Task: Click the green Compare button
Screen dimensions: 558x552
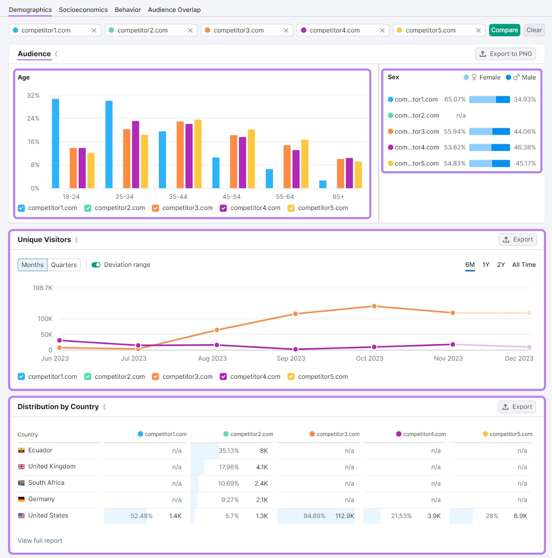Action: tap(504, 30)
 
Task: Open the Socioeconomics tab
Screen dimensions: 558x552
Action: tap(83, 10)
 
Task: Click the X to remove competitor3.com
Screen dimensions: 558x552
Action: tap(286, 30)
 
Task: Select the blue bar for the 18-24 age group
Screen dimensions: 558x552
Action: tap(55, 143)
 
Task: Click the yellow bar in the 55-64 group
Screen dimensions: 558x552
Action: tap(305, 164)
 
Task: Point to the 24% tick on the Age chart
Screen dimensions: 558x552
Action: tap(33, 119)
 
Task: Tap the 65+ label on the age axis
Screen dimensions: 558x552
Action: tap(338, 197)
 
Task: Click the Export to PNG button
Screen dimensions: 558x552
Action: tap(505, 54)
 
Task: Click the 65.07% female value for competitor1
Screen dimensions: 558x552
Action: tap(454, 99)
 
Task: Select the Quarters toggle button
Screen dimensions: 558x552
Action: tap(64, 265)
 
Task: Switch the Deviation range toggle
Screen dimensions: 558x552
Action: tap(96, 265)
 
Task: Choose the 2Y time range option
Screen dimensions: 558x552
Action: tap(501, 265)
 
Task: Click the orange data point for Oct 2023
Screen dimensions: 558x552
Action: tap(374, 306)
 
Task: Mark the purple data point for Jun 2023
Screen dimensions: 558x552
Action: tap(60, 340)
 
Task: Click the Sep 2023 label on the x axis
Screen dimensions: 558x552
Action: tap(291, 359)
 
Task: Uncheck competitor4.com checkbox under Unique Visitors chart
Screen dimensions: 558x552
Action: tap(223, 377)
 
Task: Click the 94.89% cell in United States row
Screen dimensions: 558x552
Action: tap(314, 516)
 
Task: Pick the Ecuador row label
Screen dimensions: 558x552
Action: tap(40, 450)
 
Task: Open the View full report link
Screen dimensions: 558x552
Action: tap(40, 541)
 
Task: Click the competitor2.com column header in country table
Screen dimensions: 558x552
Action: tap(251, 434)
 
